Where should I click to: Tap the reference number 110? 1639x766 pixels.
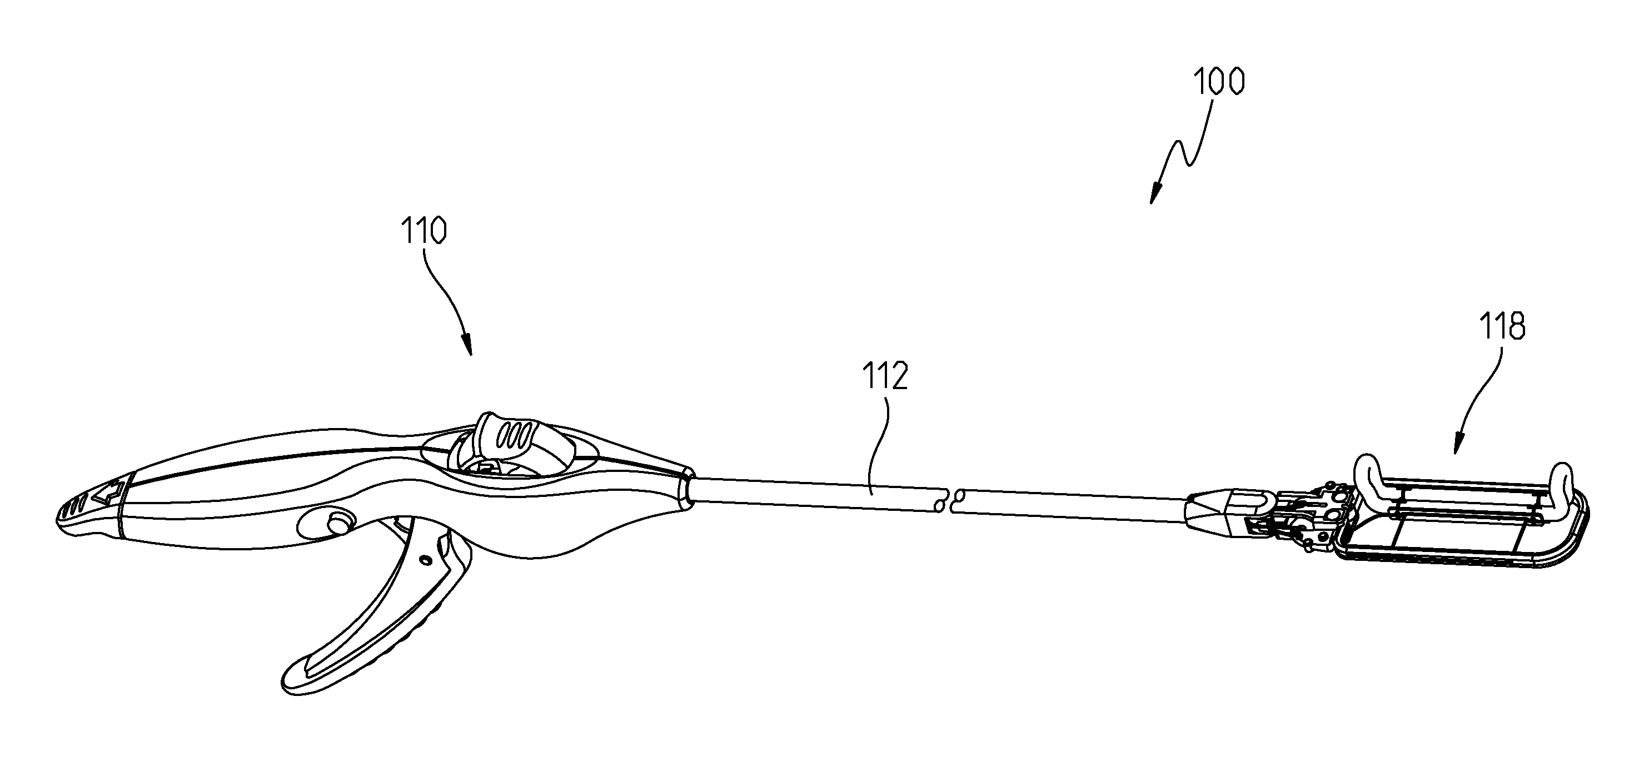pos(423,232)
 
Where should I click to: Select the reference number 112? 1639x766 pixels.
pos(884,376)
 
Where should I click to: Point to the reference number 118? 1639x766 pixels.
pos(1502,327)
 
